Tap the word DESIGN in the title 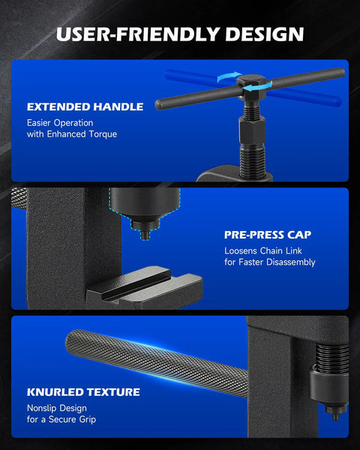[x=265, y=34]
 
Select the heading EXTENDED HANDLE [x=85, y=106]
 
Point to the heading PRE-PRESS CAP [x=268, y=235]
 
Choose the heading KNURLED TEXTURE [x=83, y=392]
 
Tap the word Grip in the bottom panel [x=87, y=419]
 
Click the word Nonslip [x=43, y=408]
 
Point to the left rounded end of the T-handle [x=158, y=104]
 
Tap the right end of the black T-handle [x=341, y=72]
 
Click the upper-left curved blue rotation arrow [x=229, y=76]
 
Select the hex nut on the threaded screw [x=252, y=130]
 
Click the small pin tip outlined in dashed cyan [x=145, y=235]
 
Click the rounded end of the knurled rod [x=71, y=341]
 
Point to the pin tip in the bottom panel [x=335, y=415]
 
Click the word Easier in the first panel [x=39, y=123]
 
